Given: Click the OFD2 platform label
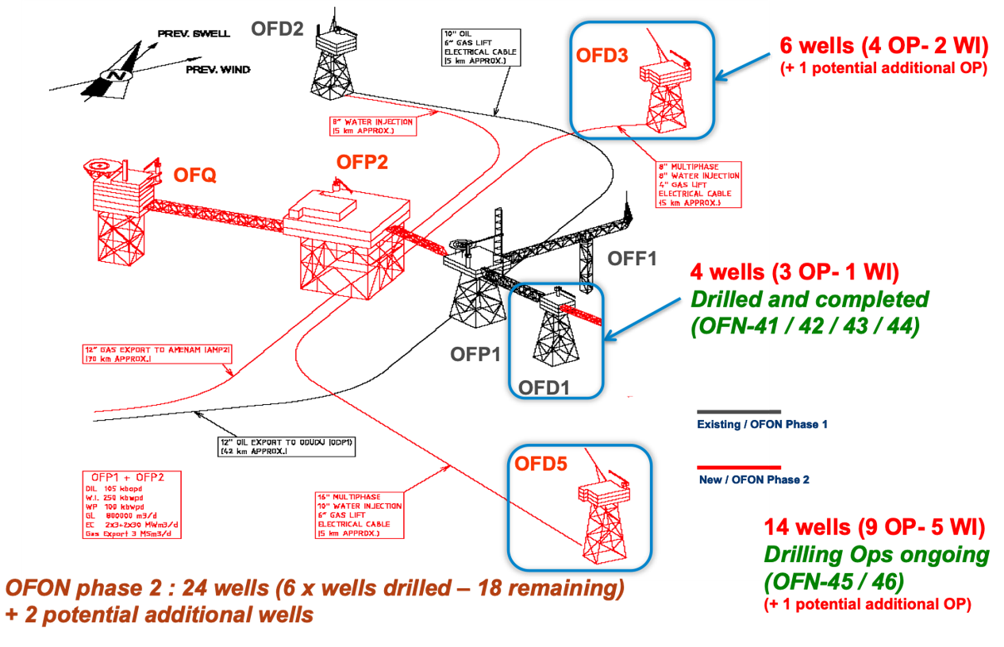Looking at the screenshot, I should point(277,29).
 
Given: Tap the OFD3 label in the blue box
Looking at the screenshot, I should point(602,56).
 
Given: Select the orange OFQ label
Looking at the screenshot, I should point(195,175).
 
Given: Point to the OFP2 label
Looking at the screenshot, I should point(362,162).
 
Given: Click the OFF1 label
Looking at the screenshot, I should point(633,259).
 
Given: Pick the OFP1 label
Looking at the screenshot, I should point(475,354).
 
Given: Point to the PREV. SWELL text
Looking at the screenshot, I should point(194,34).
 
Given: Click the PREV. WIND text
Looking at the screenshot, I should point(218,70).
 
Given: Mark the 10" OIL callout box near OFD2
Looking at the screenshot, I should point(481,46).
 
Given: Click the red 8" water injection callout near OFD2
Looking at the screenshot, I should point(372,126).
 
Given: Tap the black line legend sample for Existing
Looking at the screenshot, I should point(738,413).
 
